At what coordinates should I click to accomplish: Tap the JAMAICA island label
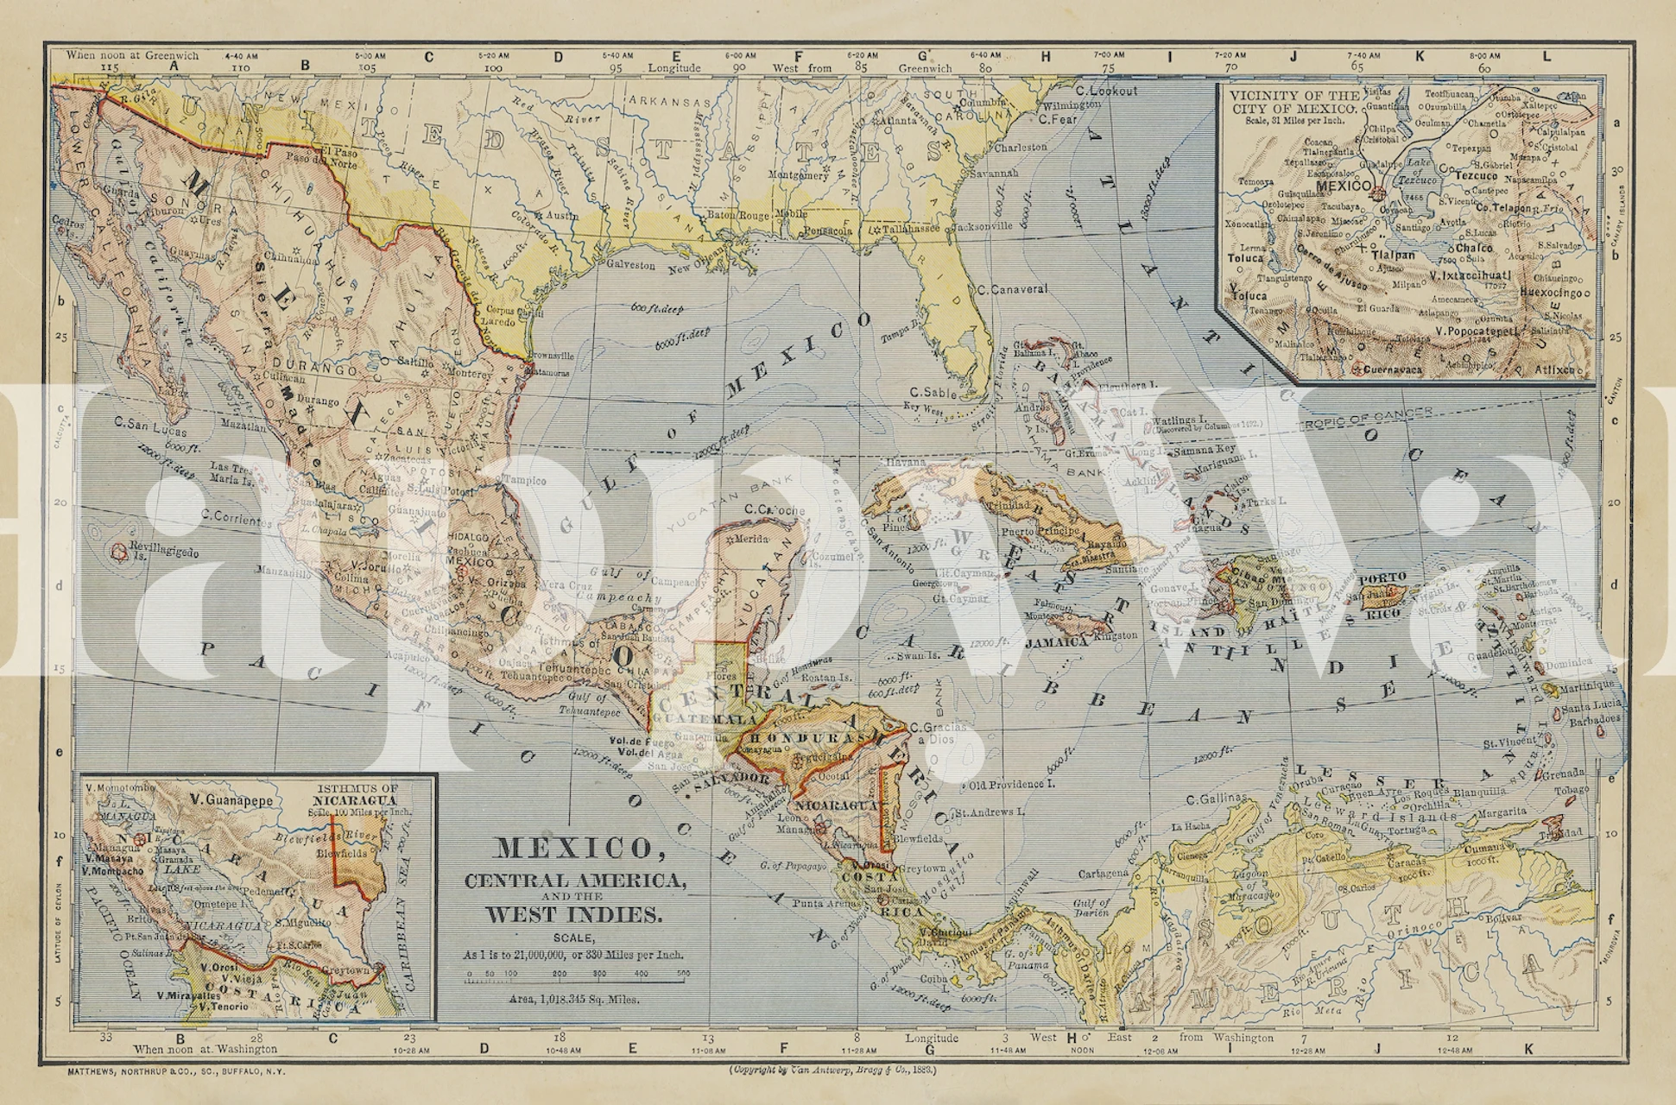(1057, 643)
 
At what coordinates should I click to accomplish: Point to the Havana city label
(905, 462)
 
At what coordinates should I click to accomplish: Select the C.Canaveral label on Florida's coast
(1011, 289)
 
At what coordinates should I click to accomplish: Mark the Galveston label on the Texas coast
(630, 265)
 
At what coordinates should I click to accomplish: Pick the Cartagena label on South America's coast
(1104, 873)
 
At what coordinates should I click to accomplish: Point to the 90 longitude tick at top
(739, 67)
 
